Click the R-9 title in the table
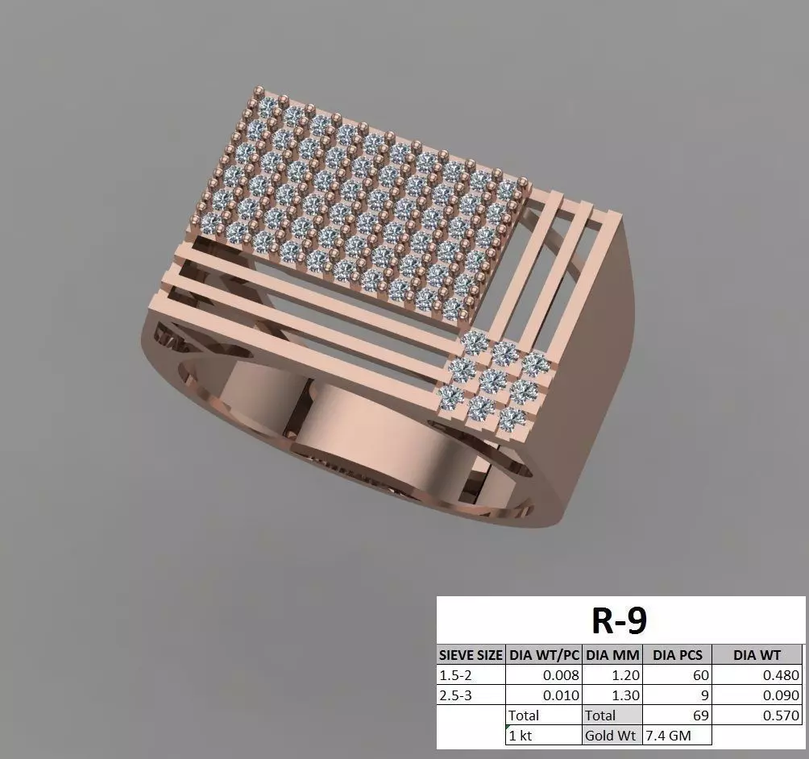pyautogui.click(x=620, y=620)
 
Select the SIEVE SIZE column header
pyautogui.click(x=471, y=655)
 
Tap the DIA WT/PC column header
pyautogui.click(x=545, y=655)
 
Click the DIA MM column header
pyautogui.click(x=612, y=655)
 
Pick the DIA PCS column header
pyautogui.click(x=677, y=655)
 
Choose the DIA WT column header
pyautogui.click(x=757, y=655)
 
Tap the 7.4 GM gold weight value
pyautogui.click(x=668, y=736)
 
